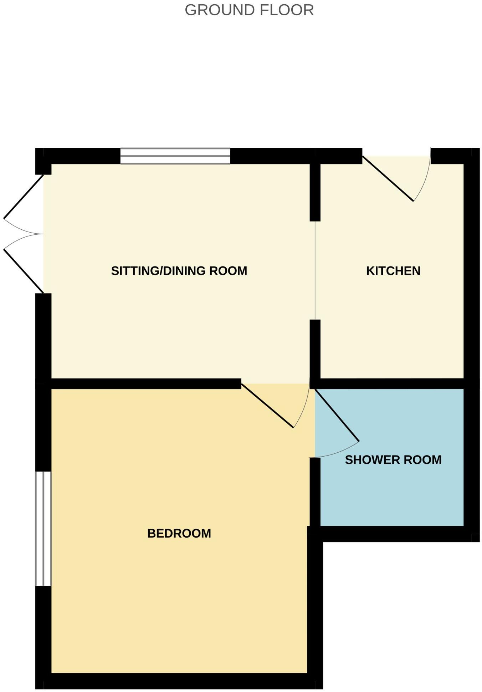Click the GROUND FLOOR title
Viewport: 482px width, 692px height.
coord(249,10)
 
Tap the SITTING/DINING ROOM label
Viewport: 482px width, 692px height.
coord(179,271)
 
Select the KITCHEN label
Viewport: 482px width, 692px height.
coord(393,271)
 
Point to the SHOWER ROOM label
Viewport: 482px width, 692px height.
coord(393,460)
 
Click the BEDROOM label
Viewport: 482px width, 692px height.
coord(179,533)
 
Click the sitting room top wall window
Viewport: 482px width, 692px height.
coord(175,156)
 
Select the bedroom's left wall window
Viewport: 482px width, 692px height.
coord(43,528)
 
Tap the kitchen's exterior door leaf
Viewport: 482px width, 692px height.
coord(388,179)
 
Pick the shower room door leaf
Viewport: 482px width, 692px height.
coord(337,416)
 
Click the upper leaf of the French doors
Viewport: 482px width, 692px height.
coord(24,196)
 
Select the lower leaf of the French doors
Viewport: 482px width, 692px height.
coord(24,271)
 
